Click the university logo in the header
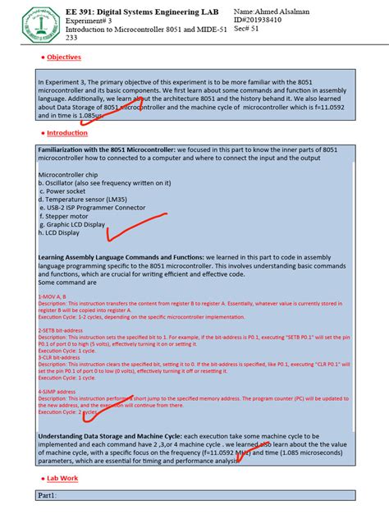pyautogui.click(x=30, y=23)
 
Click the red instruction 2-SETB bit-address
pyautogui.click(x=61, y=329)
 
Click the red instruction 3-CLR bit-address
pyautogui.click(x=60, y=358)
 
